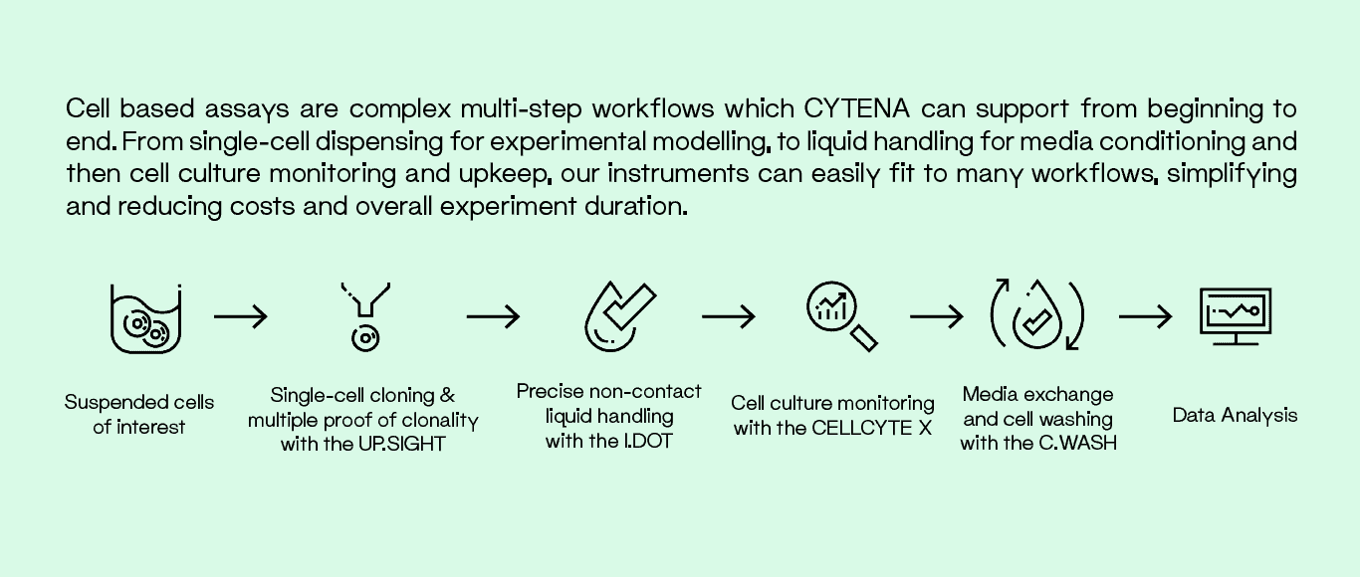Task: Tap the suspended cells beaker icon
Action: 145,318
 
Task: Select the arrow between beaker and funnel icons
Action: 241,317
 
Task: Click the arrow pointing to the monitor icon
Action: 1145,317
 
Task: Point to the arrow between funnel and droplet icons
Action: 493,317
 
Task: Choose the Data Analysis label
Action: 1235,416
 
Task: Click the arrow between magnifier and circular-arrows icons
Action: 937,317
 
